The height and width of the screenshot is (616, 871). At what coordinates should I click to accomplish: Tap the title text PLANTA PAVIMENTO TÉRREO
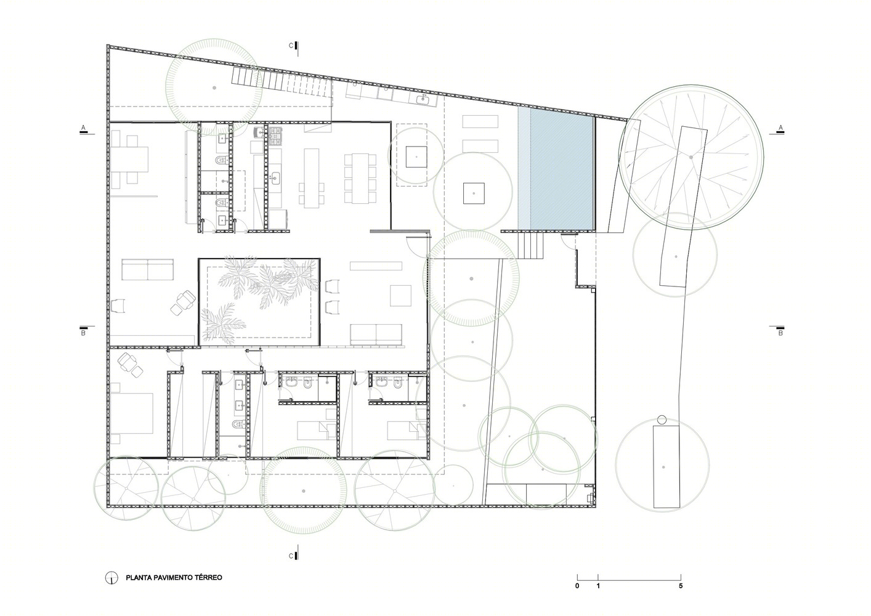pyautogui.click(x=174, y=578)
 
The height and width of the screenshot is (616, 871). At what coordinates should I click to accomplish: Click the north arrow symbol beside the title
pyautogui.click(x=111, y=578)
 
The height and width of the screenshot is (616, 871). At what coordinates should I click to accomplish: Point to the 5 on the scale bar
pyautogui.click(x=681, y=586)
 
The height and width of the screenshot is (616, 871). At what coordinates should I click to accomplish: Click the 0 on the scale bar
pyautogui.click(x=577, y=586)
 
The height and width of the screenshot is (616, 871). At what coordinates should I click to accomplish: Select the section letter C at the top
pyautogui.click(x=291, y=46)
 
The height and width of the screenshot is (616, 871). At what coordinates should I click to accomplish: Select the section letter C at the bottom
pyautogui.click(x=291, y=556)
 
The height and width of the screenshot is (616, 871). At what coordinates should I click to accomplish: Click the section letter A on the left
pyautogui.click(x=83, y=128)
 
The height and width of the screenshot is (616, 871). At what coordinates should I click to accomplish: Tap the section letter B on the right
pyautogui.click(x=780, y=333)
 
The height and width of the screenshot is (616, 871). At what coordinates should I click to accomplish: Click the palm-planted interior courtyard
pyautogui.click(x=259, y=302)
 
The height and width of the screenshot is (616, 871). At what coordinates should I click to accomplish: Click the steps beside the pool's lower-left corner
pyautogui.click(x=530, y=245)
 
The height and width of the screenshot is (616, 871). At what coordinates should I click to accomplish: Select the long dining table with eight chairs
pyautogui.click(x=360, y=179)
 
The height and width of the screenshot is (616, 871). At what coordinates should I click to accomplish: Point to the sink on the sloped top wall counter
pyautogui.click(x=423, y=100)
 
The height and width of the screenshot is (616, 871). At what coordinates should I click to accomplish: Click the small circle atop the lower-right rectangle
pyautogui.click(x=662, y=420)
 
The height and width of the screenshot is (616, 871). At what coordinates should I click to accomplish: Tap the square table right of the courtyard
pyautogui.click(x=400, y=296)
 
